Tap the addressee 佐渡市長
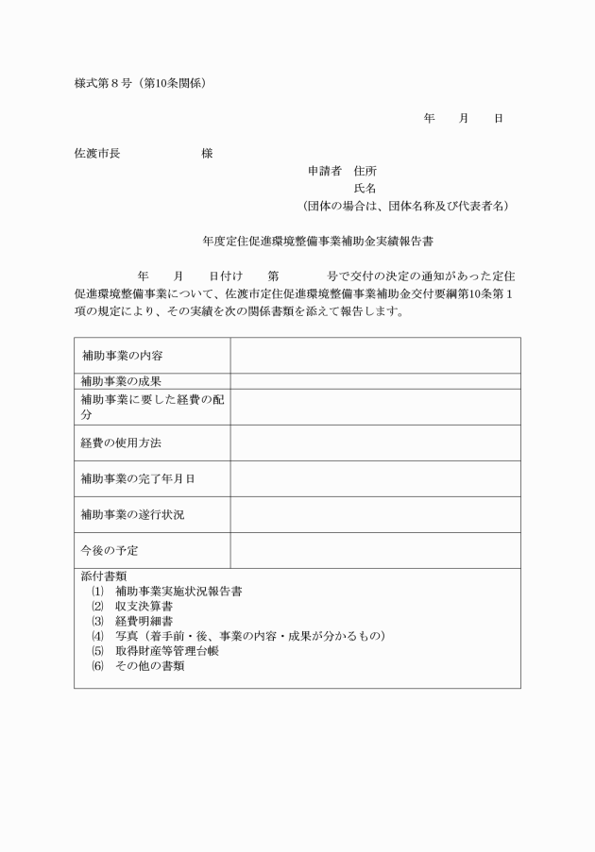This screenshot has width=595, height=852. point(97,153)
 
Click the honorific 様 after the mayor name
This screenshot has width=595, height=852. point(207,153)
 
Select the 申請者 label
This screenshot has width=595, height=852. point(326,171)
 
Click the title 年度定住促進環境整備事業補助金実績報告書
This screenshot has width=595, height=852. point(317,242)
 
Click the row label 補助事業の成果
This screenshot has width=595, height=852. point(121,381)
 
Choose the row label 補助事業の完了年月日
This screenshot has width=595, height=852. point(138,478)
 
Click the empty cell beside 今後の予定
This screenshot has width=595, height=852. point(375,550)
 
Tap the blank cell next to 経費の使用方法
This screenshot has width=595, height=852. point(375,443)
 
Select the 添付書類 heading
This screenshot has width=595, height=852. point(104,576)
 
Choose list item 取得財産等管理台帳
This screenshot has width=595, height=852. point(167,651)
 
